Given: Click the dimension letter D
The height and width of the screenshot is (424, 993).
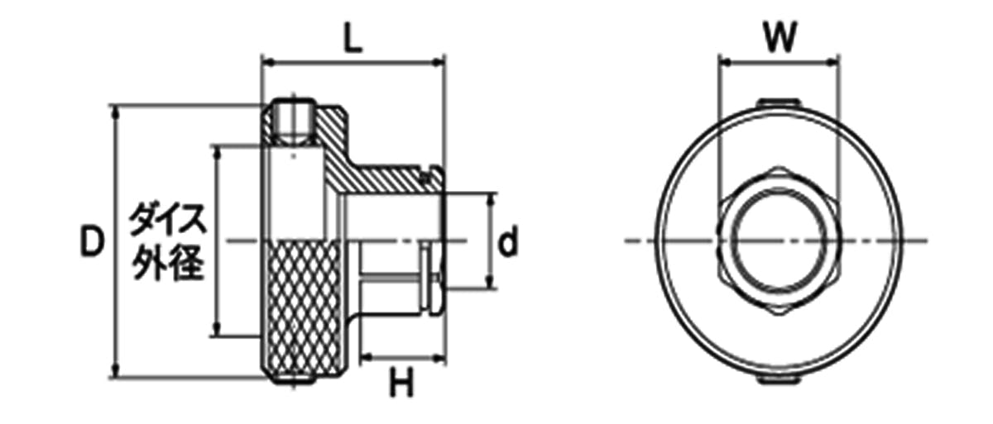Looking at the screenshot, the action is (92, 241).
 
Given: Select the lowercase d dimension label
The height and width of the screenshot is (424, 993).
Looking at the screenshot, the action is (507, 241).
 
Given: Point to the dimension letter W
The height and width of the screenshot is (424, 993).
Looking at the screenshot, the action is (780, 37).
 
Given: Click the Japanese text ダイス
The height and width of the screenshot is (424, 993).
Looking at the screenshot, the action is (168, 220).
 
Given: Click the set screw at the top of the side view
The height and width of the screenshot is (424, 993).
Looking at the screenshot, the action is (294, 121).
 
